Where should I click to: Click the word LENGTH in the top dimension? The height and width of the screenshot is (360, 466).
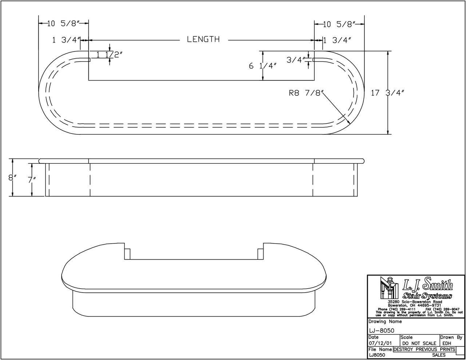203,39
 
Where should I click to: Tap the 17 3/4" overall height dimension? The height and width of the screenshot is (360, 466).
388,93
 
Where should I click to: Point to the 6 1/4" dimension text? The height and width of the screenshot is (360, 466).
262,66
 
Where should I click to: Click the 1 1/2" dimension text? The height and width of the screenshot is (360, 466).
109,55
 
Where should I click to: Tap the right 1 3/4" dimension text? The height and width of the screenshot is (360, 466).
337,40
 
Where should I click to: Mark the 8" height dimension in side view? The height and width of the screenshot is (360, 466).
13,178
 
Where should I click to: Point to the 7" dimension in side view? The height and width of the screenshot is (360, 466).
32,180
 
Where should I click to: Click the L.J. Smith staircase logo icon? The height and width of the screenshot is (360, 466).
388,288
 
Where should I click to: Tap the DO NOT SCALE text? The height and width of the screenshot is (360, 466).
419,343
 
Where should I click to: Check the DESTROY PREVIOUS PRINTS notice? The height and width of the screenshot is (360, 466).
424,349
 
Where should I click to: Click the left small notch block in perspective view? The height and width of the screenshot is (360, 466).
127,254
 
